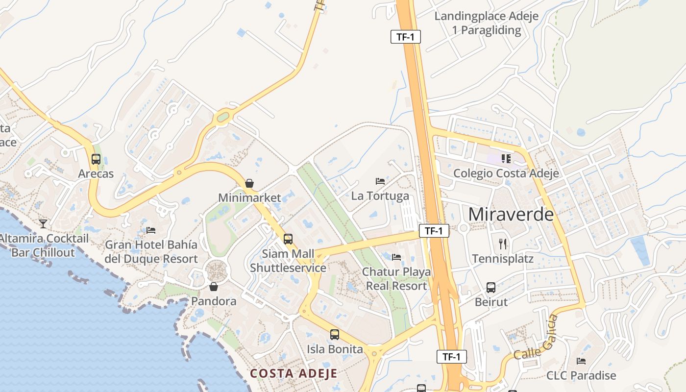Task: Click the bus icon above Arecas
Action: pyautogui.click(x=96, y=159)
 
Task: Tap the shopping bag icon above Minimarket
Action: pyautogui.click(x=249, y=183)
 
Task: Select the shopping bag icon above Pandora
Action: pyautogui.click(x=213, y=287)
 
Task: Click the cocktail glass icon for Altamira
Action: pyautogui.click(x=43, y=224)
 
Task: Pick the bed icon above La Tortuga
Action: pyautogui.click(x=380, y=181)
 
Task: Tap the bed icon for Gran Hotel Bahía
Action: pyautogui.click(x=151, y=230)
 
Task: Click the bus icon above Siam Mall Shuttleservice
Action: pyautogui.click(x=288, y=239)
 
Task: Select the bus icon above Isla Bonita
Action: pyautogui.click(x=335, y=335)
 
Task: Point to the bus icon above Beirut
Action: pyautogui.click(x=491, y=288)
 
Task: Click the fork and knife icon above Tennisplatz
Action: pyautogui.click(x=503, y=244)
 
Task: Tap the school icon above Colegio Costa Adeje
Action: pyautogui.click(x=506, y=158)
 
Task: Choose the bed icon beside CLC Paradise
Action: pyautogui.click(x=581, y=361)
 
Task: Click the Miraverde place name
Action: pyautogui.click(x=511, y=214)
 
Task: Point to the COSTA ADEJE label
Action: pyautogui.click(x=294, y=373)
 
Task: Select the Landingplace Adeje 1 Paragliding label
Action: pyautogui.click(x=487, y=23)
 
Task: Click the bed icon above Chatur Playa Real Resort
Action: pyautogui.click(x=396, y=257)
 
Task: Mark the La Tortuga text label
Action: pyautogui.click(x=380, y=196)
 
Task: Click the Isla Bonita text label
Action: pyautogui.click(x=335, y=349)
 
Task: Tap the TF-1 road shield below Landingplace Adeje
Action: pyautogui.click(x=406, y=37)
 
